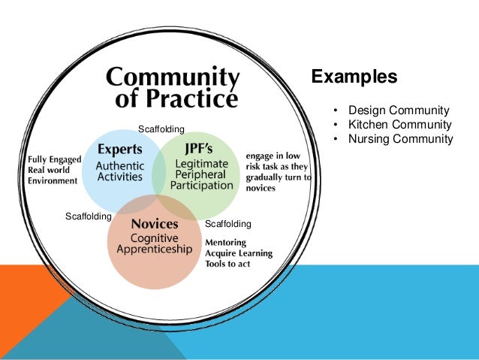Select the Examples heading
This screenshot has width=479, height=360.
pos(354,77)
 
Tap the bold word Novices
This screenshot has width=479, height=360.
pos(155,223)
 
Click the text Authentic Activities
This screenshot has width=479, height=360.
pos(122,170)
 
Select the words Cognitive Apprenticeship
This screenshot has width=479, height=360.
pos(155,244)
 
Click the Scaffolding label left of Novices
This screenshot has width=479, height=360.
pos(89,216)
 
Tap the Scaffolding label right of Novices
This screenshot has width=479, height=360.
pos(227,224)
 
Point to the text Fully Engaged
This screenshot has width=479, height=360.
pos(53,159)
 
